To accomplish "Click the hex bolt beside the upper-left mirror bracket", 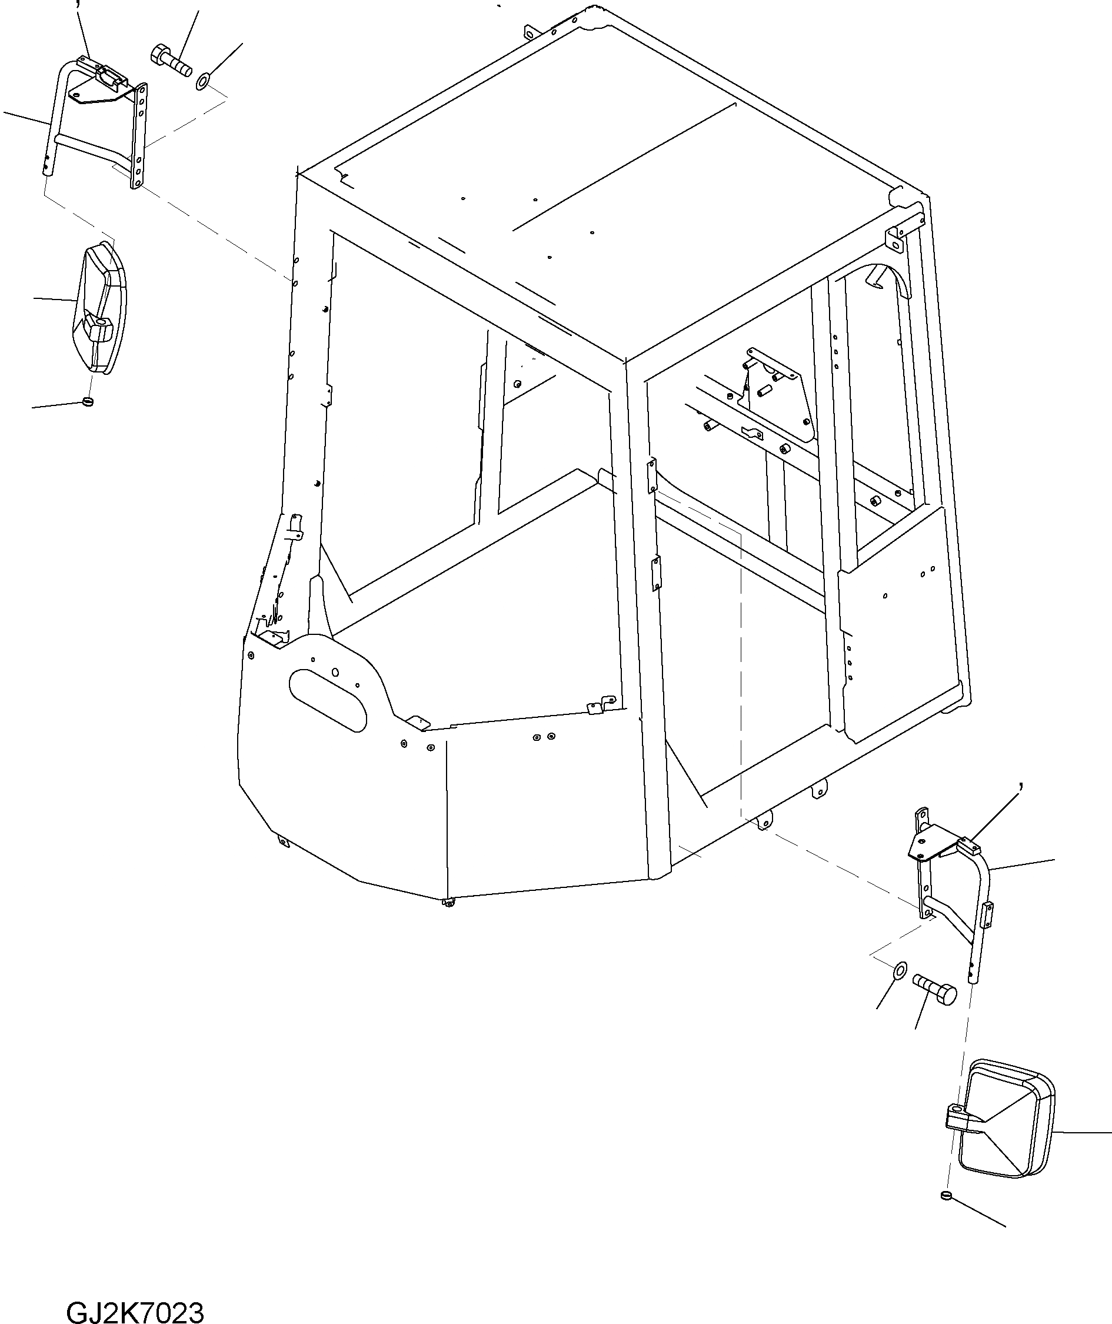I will coord(172,61).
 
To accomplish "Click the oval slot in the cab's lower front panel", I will coord(327,700).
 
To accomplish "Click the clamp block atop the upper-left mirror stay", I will coord(108,76).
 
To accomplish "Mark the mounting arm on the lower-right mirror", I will coord(961,1119).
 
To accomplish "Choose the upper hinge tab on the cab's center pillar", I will coord(651,475).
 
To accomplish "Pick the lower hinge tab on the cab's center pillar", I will coord(656,573).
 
